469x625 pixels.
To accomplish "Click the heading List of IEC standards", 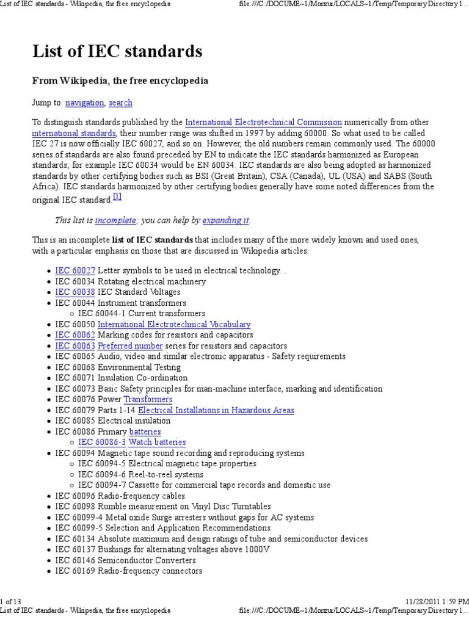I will pyautogui.click(x=117, y=51).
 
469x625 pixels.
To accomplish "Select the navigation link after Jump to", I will pyautogui.click(x=85, y=103).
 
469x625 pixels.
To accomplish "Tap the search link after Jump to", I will pyautogui.click(x=120, y=103).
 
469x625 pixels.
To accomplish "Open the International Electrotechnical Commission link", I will pyautogui.click(x=263, y=122).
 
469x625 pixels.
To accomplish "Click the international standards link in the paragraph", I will pyautogui.click(x=74, y=133).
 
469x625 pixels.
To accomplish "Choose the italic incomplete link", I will pyautogui.click(x=115, y=220).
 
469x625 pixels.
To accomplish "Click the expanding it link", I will pyautogui.click(x=226, y=220).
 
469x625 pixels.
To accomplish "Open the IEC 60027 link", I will pyautogui.click(x=75, y=270).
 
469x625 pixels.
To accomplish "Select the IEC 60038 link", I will pyautogui.click(x=75, y=292).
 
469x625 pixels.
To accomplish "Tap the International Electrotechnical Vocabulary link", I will pyautogui.click(x=174, y=325).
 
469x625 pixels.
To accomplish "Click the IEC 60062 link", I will pyautogui.click(x=75, y=335).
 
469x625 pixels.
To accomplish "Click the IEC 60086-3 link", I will pyautogui.click(x=102, y=443).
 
